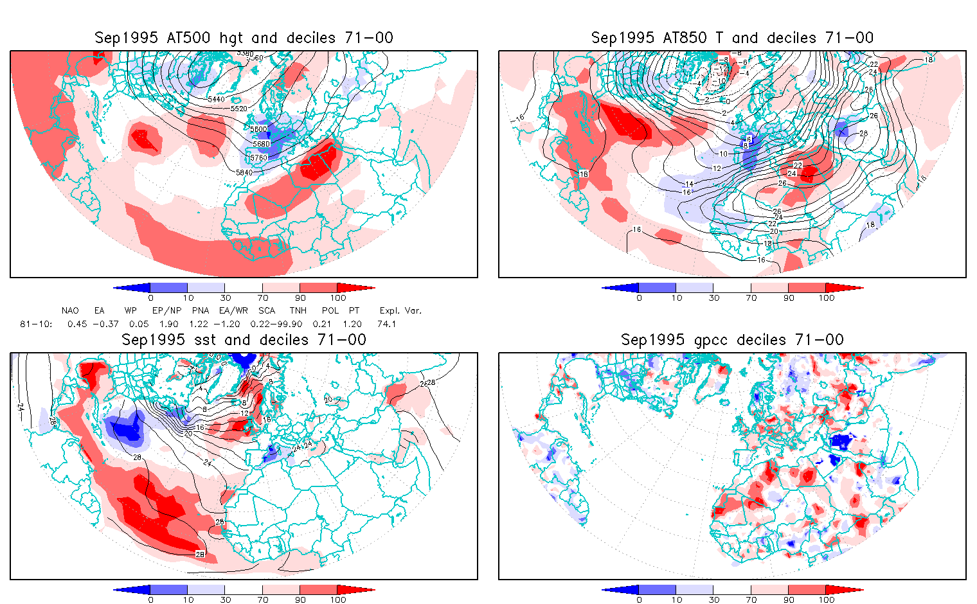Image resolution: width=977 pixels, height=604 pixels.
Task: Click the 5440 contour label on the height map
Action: coord(217,99)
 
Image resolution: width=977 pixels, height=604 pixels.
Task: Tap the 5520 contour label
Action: coord(238,109)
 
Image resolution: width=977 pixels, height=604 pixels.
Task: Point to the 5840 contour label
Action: coord(244,172)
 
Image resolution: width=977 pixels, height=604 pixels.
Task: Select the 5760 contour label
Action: coord(259,157)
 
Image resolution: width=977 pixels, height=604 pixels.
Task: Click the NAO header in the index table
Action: coord(70,310)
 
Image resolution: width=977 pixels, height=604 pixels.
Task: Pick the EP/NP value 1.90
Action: coord(168,324)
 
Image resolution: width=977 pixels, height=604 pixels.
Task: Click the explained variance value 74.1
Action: coord(386,324)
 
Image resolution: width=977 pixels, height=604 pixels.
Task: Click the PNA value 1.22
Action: coord(199,324)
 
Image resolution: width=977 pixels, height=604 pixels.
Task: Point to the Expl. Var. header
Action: coord(400,310)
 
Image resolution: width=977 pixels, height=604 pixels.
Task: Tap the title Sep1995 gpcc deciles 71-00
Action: coord(732,340)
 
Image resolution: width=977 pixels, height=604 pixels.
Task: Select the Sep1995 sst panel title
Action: coord(244,340)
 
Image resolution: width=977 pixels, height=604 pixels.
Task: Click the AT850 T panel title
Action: coord(732,38)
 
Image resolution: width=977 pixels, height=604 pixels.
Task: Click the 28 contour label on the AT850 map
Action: coord(863,134)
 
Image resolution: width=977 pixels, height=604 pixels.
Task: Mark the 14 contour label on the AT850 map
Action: coord(689,184)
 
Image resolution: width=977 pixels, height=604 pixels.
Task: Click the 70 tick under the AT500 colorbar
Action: coord(262,298)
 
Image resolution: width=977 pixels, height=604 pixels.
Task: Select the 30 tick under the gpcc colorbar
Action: coord(713,600)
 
